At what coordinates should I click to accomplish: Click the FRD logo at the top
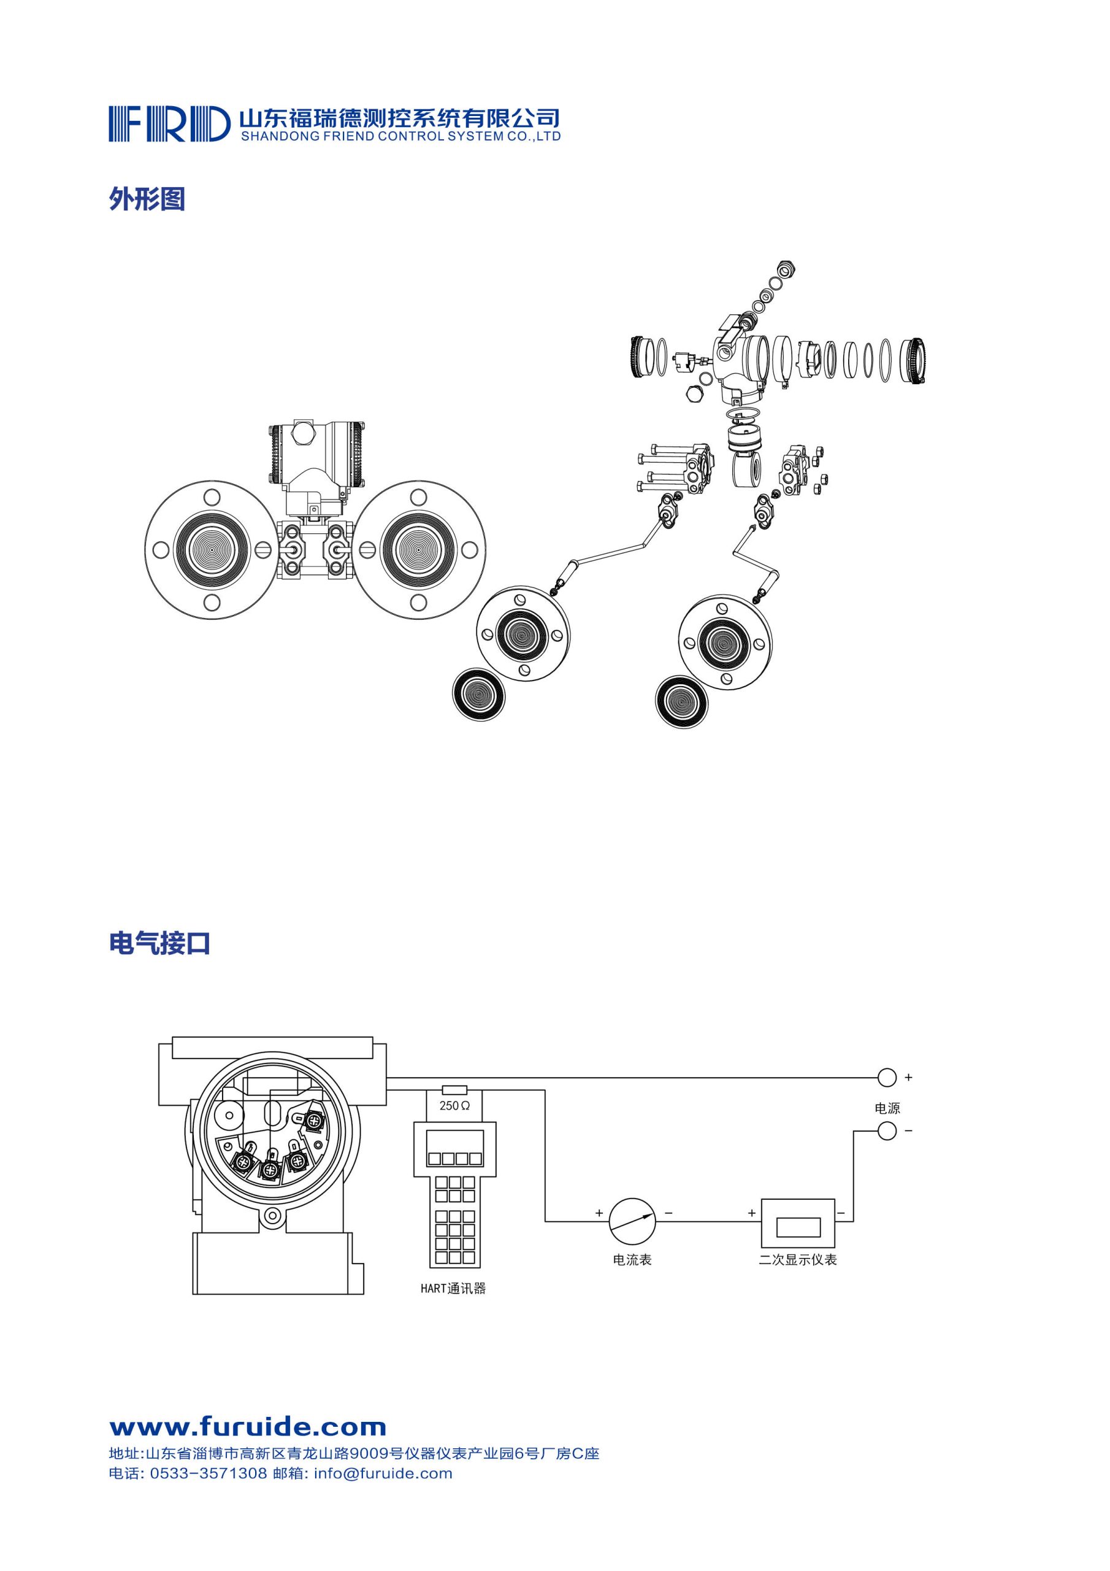click(169, 124)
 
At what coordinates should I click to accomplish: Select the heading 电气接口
click(159, 944)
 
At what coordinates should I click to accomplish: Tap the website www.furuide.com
click(248, 1427)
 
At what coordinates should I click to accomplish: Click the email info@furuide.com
click(383, 1474)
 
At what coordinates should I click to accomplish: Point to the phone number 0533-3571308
click(208, 1474)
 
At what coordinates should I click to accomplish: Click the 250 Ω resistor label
click(454, 1106)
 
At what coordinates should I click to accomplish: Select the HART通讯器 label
click(453, 1289)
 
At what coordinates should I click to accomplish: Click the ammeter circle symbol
click(632, 1221)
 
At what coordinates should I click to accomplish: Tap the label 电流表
click(632, 1260)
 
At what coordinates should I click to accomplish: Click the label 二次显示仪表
click(797, 1260)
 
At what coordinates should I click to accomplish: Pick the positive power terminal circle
click(886, 1078)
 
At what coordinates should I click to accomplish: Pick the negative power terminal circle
click(886, 1131)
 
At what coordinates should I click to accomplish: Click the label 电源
click(887, 1108)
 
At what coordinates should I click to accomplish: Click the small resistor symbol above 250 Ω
click(455, 1090)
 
